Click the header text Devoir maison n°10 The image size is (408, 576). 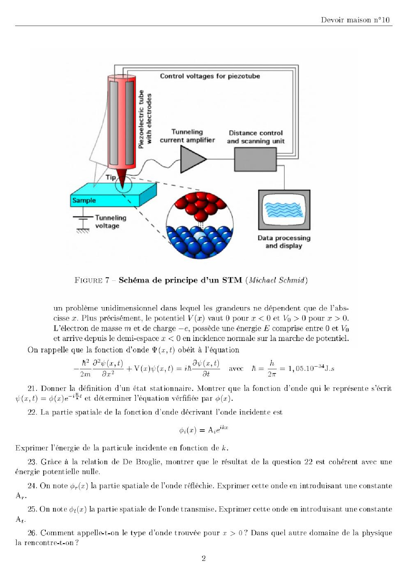point(355,20)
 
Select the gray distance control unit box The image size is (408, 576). point(255,159)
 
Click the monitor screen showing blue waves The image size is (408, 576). point(284,210)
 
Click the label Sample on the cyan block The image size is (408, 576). point(84,201)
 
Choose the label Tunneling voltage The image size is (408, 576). point(111,222)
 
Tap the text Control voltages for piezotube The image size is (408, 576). point(210,76)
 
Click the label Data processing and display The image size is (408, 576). point(284,242)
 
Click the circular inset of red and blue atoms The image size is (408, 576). point(200,225)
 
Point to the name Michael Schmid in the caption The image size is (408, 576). point(278,280)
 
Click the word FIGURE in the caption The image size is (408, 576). point(89,280)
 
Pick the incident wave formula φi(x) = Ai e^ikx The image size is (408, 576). point(204,429)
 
